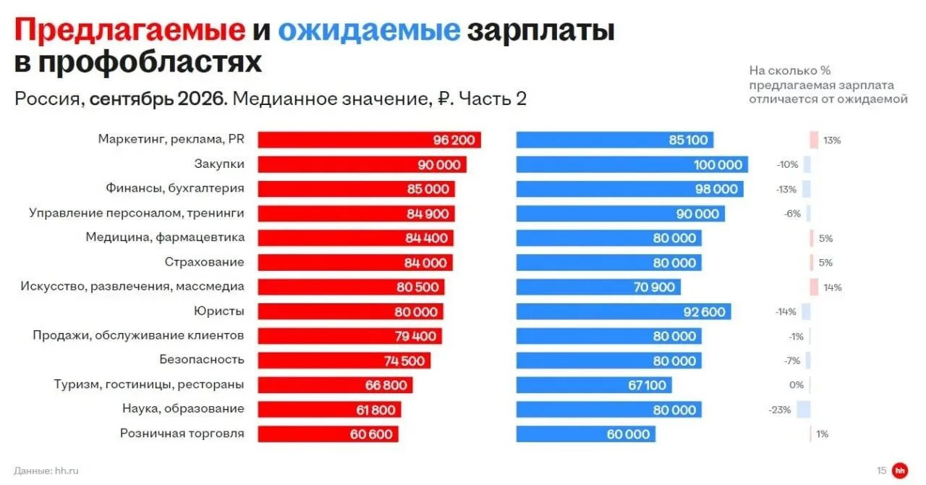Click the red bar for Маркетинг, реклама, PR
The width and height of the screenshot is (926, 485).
(369, 140)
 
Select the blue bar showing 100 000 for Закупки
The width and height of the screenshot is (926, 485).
(632, 165)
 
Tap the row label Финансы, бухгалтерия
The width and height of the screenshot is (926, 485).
(175, 189)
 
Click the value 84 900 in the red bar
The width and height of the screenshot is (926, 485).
(428, 214)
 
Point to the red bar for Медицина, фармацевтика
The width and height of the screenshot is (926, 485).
(355, 238)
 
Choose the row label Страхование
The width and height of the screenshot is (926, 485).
(204, 262)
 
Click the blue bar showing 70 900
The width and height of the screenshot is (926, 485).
(598, 287)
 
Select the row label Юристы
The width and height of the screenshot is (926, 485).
(219, 311)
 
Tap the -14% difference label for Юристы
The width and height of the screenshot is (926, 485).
(786, 311)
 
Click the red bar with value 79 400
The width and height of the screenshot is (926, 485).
(349, 336)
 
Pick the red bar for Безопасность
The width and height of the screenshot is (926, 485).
(344, 360)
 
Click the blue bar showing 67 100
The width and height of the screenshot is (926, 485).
(594, 385)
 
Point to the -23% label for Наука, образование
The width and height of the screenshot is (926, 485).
(780, 410)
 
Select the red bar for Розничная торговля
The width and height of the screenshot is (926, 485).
(328, 434)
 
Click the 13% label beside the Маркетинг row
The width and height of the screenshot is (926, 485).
(832, 140)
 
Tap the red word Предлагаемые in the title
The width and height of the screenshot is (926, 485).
(129, 30)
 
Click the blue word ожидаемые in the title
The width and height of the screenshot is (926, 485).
(369, 30)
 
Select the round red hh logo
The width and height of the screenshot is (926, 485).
(900, 471)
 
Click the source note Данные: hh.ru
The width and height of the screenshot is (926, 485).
(46, 471)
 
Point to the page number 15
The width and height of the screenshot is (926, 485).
(881, 471)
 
